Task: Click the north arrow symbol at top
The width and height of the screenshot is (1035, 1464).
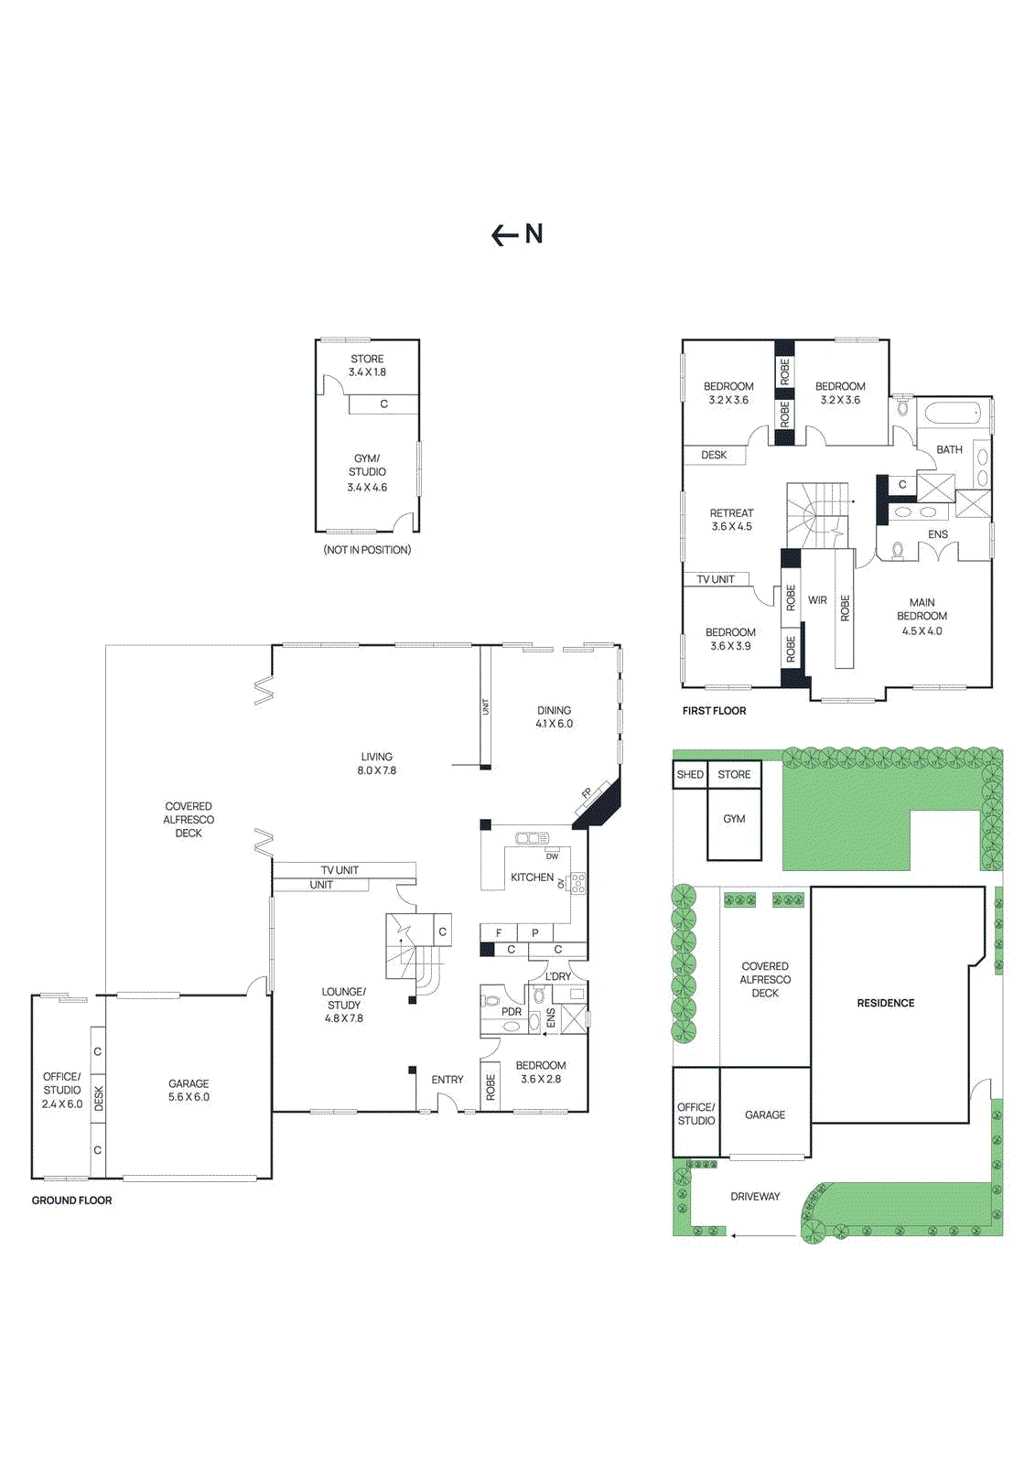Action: [517, 235]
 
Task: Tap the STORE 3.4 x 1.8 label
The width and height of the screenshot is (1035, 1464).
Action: [367, 366]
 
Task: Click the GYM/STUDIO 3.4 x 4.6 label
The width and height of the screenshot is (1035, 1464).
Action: [367, 472]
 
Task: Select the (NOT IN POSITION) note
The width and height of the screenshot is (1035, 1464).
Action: [367, 550]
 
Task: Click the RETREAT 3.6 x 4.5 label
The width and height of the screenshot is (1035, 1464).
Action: [731, 520]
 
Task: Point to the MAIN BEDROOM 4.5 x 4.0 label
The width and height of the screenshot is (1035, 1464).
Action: [922, 617]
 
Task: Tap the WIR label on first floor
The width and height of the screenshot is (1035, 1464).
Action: [817, 600]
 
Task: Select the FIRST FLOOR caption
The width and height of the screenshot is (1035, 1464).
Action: [714, 711]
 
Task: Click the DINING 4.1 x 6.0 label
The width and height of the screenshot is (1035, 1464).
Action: [554, 716]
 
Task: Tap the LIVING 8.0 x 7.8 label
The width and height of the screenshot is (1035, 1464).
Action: [376, 763]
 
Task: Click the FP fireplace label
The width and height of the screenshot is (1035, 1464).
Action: [587, 793]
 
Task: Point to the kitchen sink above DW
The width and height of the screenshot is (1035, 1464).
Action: [532, 838]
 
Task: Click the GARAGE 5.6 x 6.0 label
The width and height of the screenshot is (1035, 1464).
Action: [189, 1090]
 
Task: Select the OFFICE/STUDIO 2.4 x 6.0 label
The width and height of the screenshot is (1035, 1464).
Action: [61, 1090]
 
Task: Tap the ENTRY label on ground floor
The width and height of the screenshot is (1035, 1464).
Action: [447, 1080]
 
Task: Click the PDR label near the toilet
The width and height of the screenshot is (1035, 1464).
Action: [511, 1011]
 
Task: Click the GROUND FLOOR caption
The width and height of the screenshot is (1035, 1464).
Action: [71, 1200]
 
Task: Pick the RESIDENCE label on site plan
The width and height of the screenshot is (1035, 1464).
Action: [885, 1003]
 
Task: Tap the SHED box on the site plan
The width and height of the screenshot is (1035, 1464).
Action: [690, 774]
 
